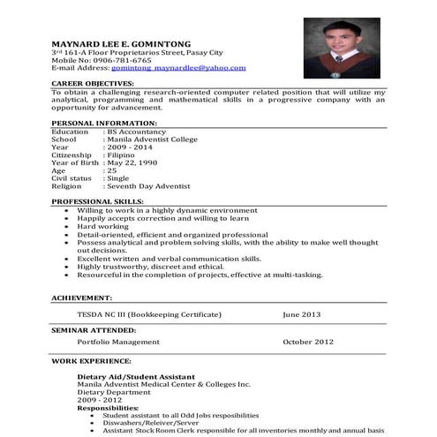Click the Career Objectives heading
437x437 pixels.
tap(93, 84)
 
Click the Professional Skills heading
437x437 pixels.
tap(96, 202)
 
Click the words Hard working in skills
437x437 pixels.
tap(102, 226)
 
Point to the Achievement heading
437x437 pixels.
tap(82, 298)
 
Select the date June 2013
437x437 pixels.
tap(302, 313)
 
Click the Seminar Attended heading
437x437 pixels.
tap(93, 328)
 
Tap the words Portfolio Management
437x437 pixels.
tap(117, 341)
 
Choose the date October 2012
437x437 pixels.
tap(309, 341)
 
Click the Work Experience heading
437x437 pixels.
tap(89, 361)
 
